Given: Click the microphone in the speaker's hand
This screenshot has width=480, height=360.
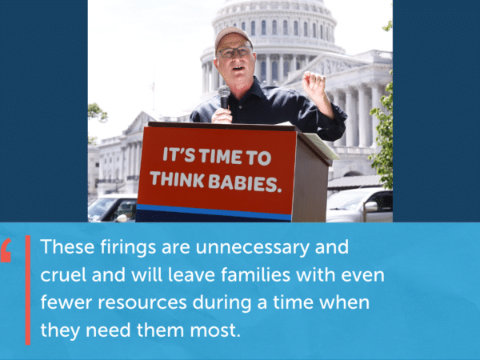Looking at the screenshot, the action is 224,97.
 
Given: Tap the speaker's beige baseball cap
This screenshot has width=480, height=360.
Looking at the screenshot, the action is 233,37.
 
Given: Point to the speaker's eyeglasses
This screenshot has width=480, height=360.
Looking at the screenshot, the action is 234,52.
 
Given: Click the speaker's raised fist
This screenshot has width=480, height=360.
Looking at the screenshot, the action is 313,82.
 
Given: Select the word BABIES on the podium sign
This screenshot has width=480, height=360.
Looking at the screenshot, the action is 245,183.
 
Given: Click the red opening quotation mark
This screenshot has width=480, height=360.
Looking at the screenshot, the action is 6,250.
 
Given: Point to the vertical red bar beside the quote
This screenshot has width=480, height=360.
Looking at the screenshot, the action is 28,290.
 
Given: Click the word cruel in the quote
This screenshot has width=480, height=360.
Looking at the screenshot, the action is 63,274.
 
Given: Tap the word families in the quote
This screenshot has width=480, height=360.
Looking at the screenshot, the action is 255,274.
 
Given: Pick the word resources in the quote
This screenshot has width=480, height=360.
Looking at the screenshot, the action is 142,302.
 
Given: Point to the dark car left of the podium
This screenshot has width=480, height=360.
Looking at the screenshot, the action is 113,208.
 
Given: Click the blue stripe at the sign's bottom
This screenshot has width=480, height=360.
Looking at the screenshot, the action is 214,212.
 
